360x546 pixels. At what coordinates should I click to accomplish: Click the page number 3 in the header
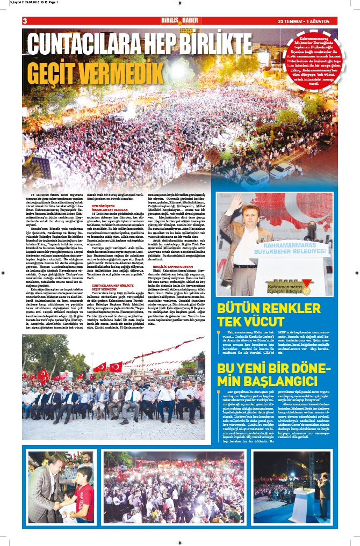(x=25, y=21)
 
